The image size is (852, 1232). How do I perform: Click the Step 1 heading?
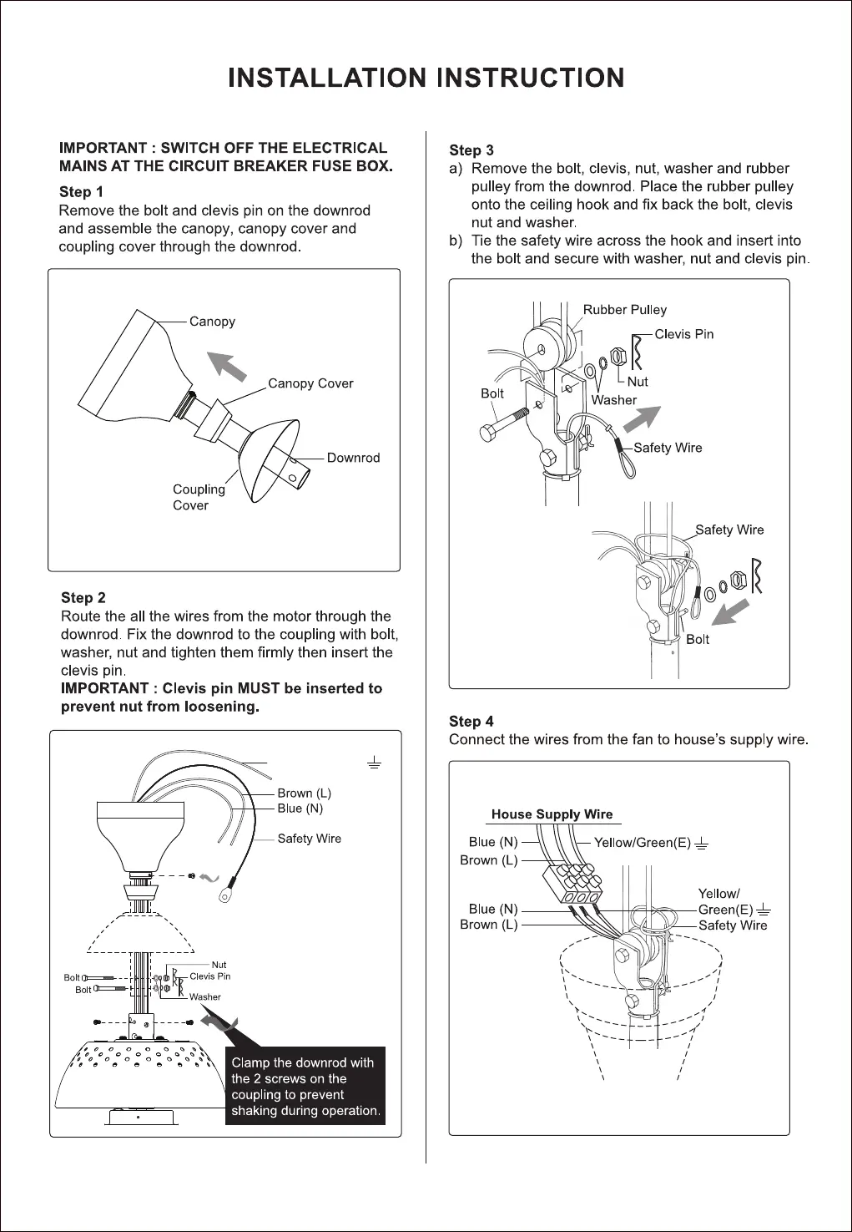(81, 192)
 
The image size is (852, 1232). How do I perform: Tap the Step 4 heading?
(471, 722)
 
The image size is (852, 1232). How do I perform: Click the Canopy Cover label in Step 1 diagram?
(310, 383)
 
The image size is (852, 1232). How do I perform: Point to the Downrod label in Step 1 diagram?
(353, 458)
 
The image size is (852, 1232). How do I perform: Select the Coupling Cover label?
(199, 497)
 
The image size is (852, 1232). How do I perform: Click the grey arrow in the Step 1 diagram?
(227, 365)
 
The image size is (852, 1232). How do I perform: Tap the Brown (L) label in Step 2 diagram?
(304, 793)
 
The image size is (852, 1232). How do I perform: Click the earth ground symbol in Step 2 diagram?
(375, 762)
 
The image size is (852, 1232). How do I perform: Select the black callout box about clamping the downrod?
(305, 1086)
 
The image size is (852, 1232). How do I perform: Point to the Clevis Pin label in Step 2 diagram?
(209, 976)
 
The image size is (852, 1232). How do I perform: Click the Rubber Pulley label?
(624, 310)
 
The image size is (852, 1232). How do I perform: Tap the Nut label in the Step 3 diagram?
(637, 382)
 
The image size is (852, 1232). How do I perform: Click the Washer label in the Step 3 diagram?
(613, 400)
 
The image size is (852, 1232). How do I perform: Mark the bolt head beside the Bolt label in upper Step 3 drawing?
(490, 433)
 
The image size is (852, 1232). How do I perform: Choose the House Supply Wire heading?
(552, 814)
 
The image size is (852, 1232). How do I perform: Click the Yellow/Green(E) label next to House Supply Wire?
(642, 843)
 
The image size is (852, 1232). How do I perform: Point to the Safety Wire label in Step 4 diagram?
(732, 925)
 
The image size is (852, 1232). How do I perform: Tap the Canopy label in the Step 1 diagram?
(212, 322)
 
